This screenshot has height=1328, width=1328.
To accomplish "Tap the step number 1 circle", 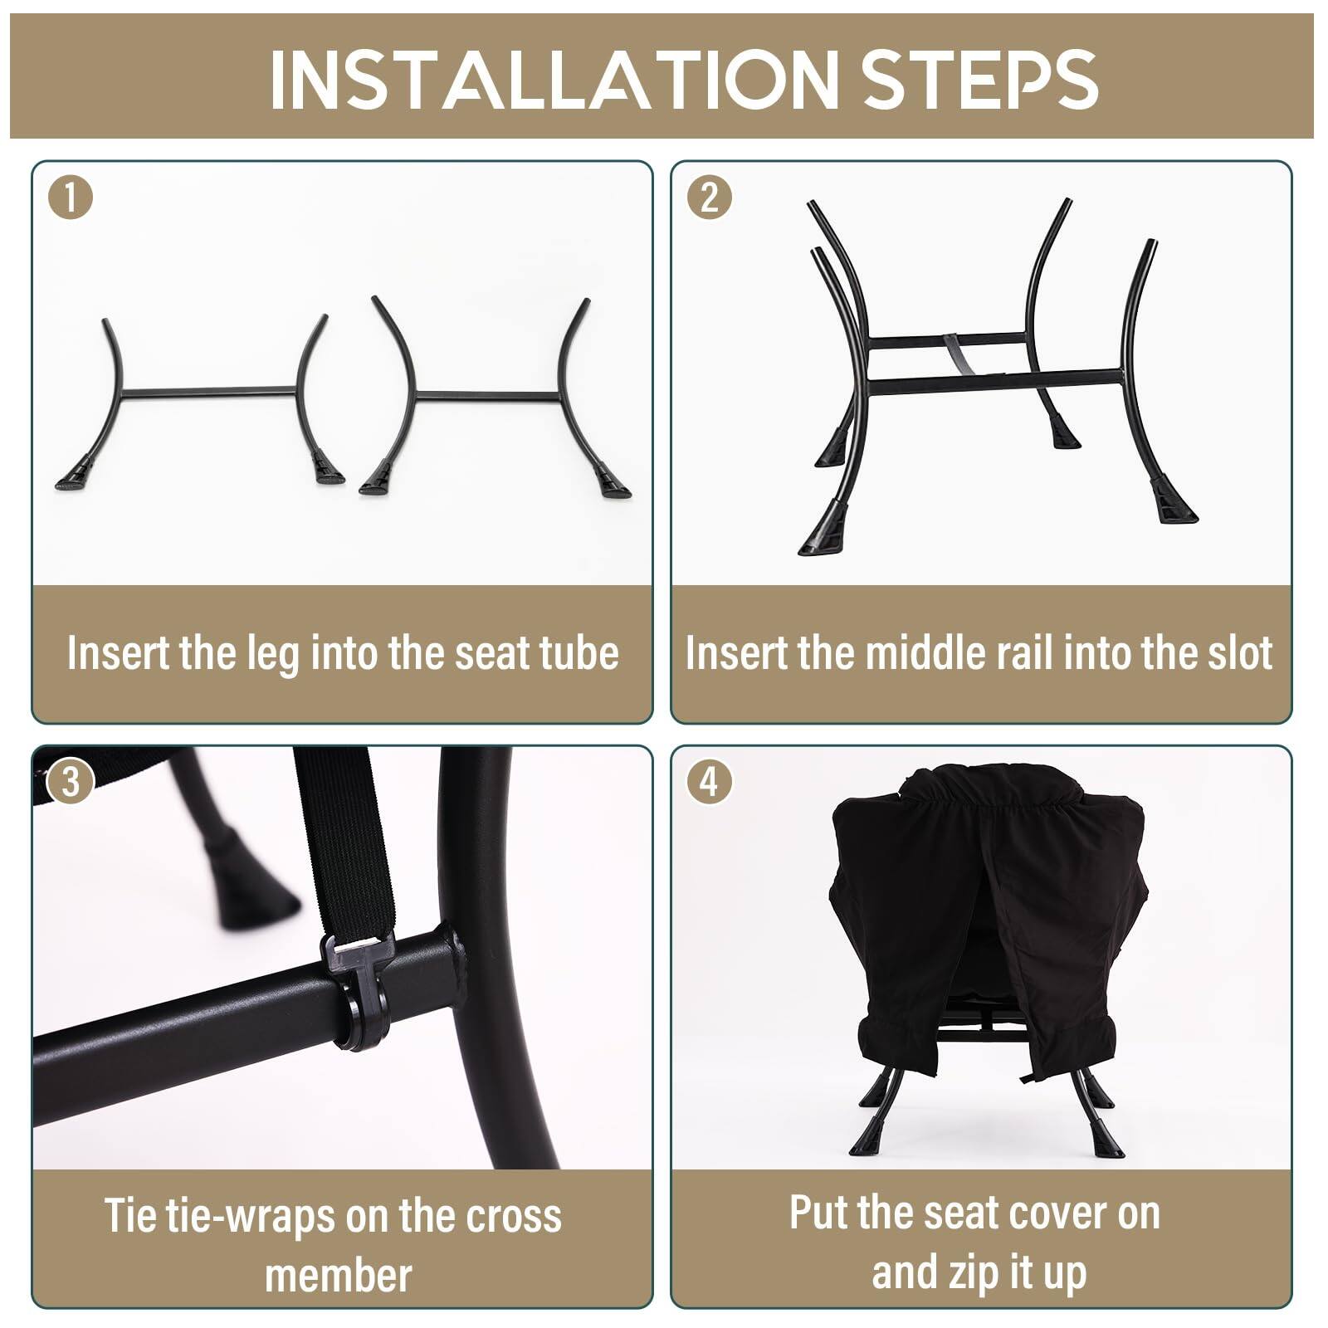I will (x=71, y=198).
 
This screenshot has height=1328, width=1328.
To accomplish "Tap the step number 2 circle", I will (x=710, y=198).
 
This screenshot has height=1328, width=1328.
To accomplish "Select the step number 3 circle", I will (x=71, y=782).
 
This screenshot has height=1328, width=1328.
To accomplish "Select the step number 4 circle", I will (x=710, y=782).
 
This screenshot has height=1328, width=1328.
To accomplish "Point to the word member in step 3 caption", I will (x=338, y=1275).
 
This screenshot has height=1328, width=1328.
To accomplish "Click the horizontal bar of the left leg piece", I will (x=207, y=391).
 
